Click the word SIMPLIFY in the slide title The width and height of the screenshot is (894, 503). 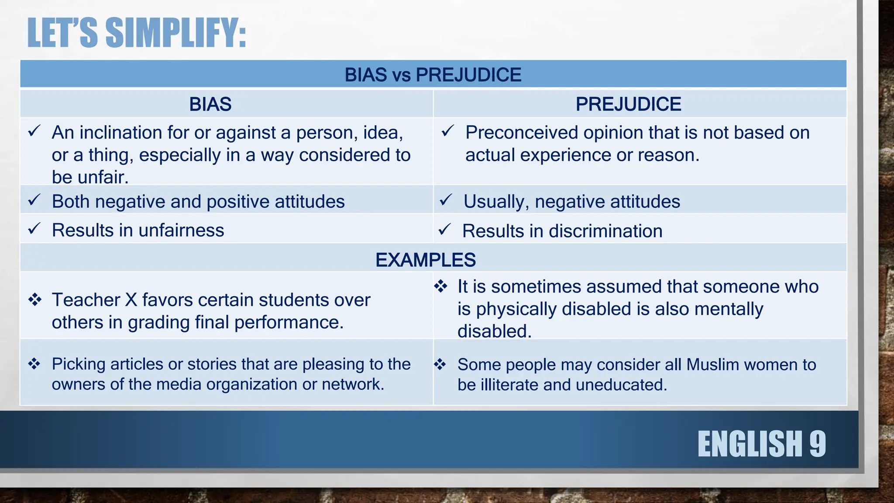pos(176,33)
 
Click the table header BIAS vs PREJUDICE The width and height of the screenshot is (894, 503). pos(433,75)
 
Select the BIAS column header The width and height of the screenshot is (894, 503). pos(210,104)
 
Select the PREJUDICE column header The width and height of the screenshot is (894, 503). pos(628,104)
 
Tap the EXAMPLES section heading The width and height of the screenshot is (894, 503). pos(425,260)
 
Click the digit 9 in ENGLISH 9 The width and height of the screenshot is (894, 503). pos(817,444)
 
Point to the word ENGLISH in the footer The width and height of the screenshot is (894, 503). pos(750,444)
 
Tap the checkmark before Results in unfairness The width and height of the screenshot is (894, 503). pos(34,228)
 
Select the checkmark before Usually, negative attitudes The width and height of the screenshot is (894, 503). pos(446,200)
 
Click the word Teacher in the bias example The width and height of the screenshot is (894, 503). pos(86,300)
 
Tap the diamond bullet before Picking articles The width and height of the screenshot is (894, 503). pos(34,364)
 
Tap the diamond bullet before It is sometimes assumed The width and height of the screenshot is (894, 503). pos(440,286)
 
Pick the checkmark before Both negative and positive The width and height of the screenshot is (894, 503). pos(34,200)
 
